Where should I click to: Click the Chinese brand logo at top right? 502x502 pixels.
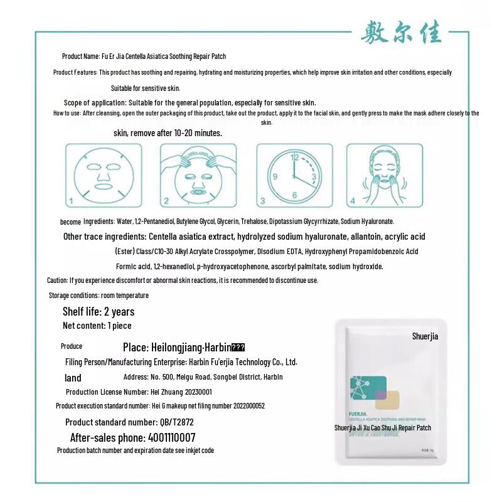coord(402,33)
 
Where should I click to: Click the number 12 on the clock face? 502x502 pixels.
coord(295,158)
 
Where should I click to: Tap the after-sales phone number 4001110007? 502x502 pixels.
coord(171,437)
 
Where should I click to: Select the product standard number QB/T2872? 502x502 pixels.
coord(176,422)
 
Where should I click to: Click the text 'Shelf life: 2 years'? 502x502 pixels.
coord(99,311)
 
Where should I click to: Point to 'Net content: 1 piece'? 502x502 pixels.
coord(97,326)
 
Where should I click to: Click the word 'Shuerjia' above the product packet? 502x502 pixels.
coord(425,336)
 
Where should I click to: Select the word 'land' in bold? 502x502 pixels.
coord(73,378)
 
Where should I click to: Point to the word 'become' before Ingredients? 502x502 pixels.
coord(70,222)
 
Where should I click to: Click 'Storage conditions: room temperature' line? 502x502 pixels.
coord(99,295)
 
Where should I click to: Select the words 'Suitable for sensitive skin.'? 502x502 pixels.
coord(146,88)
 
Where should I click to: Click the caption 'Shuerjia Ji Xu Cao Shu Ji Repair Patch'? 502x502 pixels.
coord(382,428)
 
